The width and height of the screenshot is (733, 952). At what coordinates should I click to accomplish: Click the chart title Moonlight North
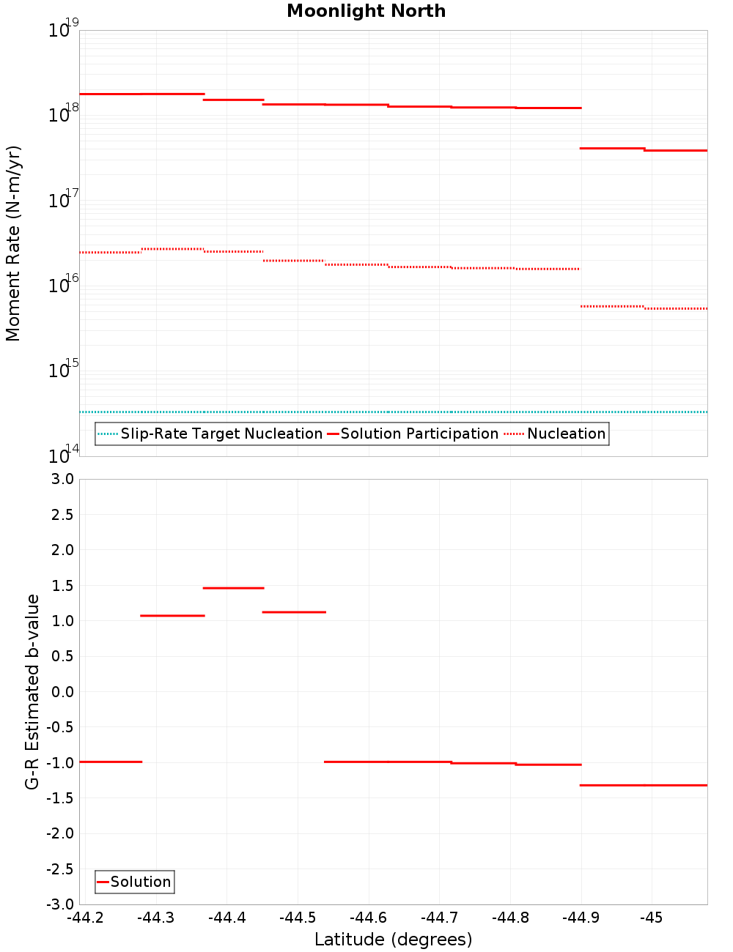(x=366, y=11)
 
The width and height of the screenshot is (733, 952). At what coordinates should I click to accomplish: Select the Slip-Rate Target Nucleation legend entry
(x=221, y=434)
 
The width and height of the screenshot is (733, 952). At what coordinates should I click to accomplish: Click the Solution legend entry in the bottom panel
(x=140, y=882)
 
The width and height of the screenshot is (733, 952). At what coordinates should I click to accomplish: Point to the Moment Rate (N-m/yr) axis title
(x=13, y=243)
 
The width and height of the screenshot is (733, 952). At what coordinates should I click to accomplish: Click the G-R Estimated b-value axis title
(x=32, y=691)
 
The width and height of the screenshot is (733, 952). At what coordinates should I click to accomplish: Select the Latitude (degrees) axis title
(x=393, y=940)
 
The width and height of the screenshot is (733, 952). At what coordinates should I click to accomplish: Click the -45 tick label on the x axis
(x=651, y=918)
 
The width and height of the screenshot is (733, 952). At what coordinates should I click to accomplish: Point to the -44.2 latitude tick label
(x=85, y=918)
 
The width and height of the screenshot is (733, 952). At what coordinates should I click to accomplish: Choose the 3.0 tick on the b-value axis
(x=59, y=479)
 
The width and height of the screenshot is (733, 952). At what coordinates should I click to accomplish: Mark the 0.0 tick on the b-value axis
(x=59, y=692)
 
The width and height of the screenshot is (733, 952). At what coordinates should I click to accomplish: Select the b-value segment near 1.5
(x=233, y=588)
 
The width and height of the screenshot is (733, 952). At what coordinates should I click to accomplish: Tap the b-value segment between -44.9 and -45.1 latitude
(x=644, y=785)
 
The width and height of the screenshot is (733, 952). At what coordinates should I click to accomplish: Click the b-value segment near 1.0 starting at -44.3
(x=172, y=616)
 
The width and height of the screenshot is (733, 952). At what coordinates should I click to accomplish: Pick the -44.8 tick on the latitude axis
(x=510, y=918)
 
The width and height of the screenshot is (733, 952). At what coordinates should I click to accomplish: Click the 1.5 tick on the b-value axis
(x=59, y=585)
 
